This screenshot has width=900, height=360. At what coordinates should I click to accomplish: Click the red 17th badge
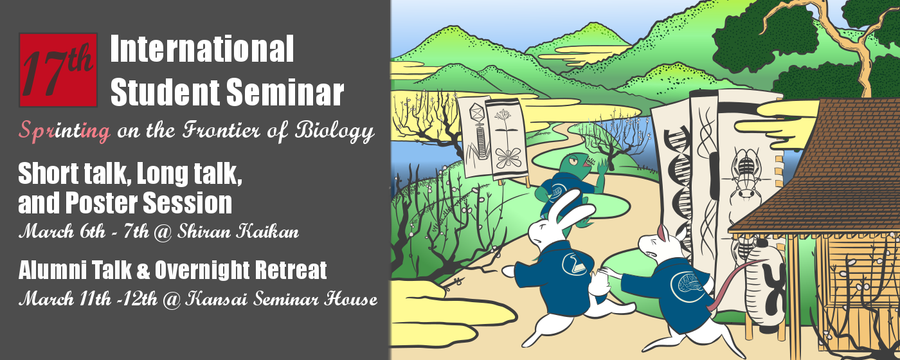tap(58, 70)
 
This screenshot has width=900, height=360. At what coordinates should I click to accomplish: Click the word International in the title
tap(202, 49)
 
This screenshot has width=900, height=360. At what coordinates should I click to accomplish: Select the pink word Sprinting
tap(64, 130)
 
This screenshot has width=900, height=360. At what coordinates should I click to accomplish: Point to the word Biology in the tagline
tap(334, 131)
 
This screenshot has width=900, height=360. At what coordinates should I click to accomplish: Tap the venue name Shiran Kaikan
tap(239, 231)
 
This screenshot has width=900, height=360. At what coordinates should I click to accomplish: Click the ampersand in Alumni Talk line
tap(143, 270)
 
